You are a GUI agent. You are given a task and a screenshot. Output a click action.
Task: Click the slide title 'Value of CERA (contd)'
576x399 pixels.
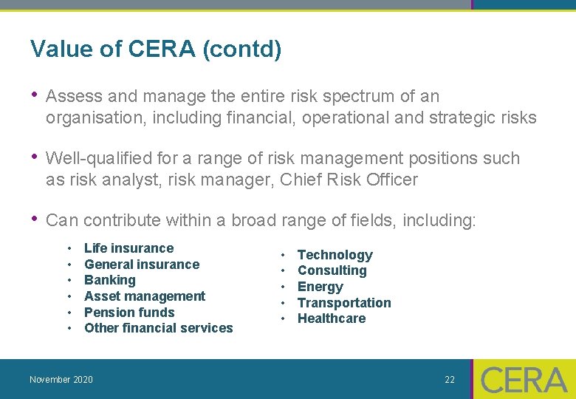(156, 50)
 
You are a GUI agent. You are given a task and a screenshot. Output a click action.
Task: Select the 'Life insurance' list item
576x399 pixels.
(128, 248)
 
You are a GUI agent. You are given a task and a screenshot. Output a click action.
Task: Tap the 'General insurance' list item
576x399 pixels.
(142, 265)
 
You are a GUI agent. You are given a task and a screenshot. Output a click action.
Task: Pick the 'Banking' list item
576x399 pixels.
(110, 280)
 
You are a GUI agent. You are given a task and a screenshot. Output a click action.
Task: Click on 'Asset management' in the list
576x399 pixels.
(145, 296)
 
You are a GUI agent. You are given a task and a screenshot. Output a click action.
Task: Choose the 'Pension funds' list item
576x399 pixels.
(129, 313)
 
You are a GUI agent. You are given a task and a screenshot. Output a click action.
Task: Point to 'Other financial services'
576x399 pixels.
(158, 328)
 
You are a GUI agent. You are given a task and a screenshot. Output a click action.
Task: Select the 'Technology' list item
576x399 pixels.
(335, 255)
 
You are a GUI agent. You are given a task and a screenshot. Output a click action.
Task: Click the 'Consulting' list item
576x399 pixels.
(332, 270)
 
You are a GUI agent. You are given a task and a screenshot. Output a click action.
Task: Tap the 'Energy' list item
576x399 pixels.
(320, 287)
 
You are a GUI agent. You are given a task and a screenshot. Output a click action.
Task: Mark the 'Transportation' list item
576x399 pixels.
(344, 303)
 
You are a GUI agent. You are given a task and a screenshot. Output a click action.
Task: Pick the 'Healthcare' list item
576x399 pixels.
(331, 318)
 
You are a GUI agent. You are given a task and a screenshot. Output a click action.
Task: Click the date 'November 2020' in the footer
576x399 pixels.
(61, 380)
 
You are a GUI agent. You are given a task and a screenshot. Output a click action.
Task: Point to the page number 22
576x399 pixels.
(450, 380)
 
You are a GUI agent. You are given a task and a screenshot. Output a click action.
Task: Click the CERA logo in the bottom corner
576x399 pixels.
(524, 380)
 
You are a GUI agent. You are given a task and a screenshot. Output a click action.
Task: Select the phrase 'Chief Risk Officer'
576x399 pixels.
(349, 180)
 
